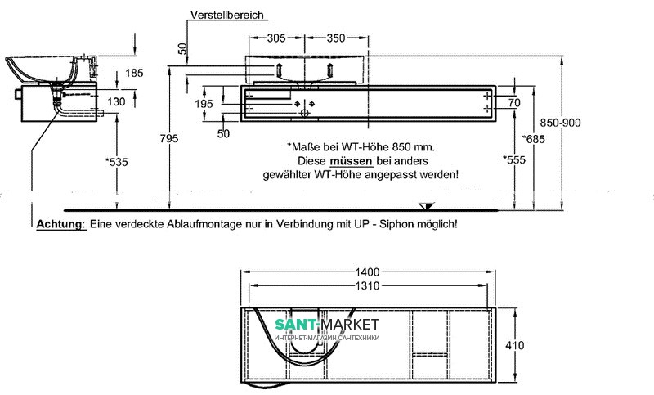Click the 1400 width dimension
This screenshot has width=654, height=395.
coord(367,272)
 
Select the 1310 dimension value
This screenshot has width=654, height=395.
coord(367,285)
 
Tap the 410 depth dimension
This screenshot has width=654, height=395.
coord(515,345)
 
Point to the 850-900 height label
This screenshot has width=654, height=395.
coord(560,123)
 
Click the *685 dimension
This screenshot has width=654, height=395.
coord(534,139)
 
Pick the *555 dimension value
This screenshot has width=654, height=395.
coord(514,159)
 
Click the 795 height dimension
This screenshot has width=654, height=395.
coord(169,138)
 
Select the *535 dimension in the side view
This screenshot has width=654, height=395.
coord(116,162)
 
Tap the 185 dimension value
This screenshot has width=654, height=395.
coord(134,73)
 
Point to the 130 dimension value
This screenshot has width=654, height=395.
coord(116,101)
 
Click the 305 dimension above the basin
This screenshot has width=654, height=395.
coord(276,38)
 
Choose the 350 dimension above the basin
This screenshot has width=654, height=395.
coord(336,38)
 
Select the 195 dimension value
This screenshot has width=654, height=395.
coord(204,104)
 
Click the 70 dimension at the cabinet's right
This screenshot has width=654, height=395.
coord(514,102)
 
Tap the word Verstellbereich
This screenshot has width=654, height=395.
coord(227,15)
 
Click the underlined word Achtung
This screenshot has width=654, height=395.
coord(60,224)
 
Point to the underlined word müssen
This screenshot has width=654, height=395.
coord(351,161)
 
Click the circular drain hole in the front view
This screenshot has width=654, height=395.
coord(305,114)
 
